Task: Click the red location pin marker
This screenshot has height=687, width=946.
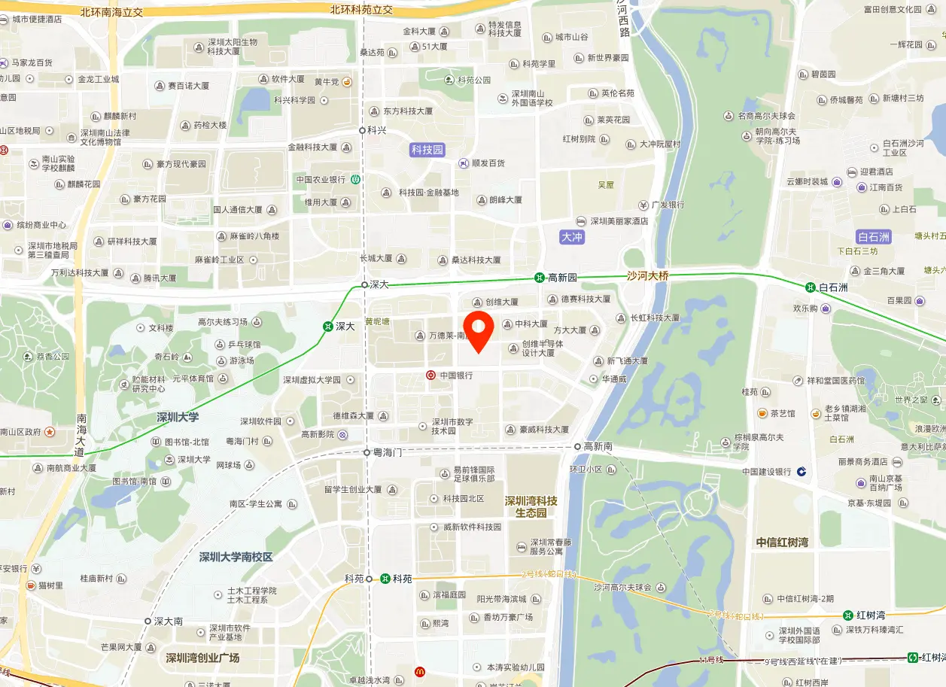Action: (478, 329)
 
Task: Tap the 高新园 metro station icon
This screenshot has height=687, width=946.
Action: (540, 278)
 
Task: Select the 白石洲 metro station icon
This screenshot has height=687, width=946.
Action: (810, 287)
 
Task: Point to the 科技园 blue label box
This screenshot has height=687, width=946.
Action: (427, 150)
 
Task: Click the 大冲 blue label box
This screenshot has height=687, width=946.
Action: (572, 237)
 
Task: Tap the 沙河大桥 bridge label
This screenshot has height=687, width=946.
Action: (647, 276)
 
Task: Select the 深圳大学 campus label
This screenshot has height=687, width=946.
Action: (178, 417)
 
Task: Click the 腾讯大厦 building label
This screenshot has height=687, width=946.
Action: (160, 278)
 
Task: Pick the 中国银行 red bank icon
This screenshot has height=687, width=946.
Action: (430, 375)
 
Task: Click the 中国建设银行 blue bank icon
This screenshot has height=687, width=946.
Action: (802, 472)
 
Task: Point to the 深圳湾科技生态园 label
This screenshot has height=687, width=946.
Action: (531, 506)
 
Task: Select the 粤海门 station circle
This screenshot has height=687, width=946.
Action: (367, 452)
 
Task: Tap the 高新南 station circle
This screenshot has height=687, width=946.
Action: (577, 446)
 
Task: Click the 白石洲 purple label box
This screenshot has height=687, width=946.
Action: (874, 236)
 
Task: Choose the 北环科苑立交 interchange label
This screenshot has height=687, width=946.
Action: (361, 10)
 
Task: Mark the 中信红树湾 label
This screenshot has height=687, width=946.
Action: (783, 543)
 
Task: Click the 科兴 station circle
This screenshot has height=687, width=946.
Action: (362, 129)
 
